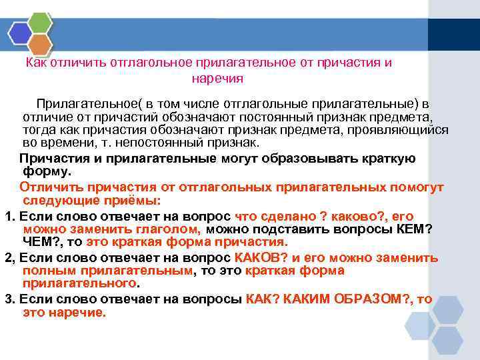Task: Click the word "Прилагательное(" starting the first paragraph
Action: click(80, 104)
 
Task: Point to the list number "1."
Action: click(10, 216)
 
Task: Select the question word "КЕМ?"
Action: click(409, 229)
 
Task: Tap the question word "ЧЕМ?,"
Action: click(42, 241)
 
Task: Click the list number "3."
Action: click(10, 299)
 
